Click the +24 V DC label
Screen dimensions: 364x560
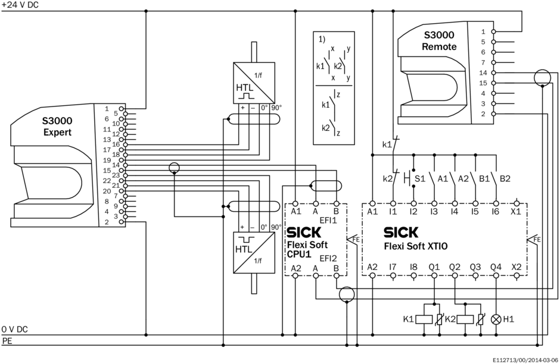click(x=21, y=5)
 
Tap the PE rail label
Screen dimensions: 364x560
click(x=7, y=341)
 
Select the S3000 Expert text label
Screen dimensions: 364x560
click(x=57, y=126)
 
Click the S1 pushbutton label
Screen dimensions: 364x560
click(x=420, y=178)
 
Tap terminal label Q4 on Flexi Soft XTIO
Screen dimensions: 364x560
click(x=496, y=267)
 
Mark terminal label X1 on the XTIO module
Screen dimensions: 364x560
click(x=516, y=211)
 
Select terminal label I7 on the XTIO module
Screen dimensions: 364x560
click(x=393, y=267)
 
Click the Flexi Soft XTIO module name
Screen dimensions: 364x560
click(x=416, y=244)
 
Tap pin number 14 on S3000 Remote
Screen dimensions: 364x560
click(x=483, y=73)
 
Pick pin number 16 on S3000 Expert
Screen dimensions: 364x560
click(x=116, y=144)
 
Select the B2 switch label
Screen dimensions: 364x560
click(x=505, y=178)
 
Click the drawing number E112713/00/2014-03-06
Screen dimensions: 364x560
click(x=525, y=360)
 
